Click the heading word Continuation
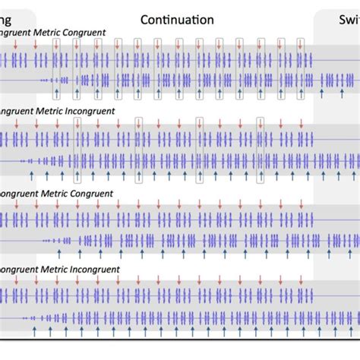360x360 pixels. point(177,20)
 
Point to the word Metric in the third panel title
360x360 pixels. point(62,194)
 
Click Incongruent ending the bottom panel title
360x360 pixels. point(99,270)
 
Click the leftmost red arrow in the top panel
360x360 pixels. point(14,48)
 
